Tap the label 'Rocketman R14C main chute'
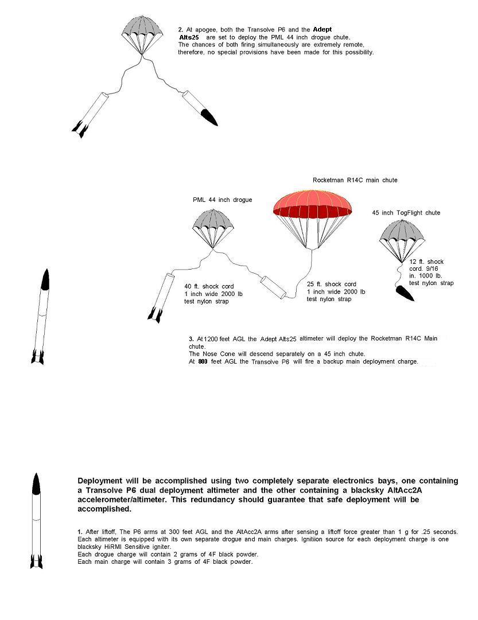pos(355,180)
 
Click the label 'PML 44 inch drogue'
pos(222,200)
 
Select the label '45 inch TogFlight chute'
pos(406,213)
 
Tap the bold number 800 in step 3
pos(203,362)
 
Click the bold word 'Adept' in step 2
pos(322,29)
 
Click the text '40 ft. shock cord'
pos(209,287)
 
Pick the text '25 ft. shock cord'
pos(331,284)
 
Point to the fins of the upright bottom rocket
pos(36,560)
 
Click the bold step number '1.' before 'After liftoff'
pos(80,532)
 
